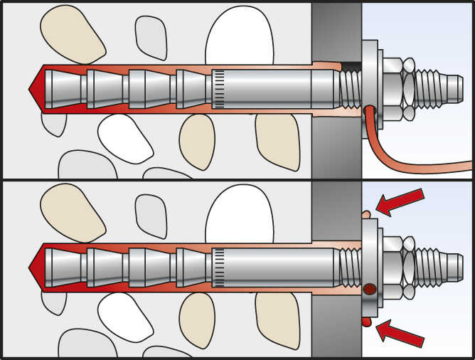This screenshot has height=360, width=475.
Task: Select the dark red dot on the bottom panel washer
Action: pyautogui.click(x=369, y=290)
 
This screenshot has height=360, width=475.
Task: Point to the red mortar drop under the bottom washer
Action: pyautogui.click(x=366, y=322)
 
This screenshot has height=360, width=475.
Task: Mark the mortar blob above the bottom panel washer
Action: pyautogui.click(x=365, y=213)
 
